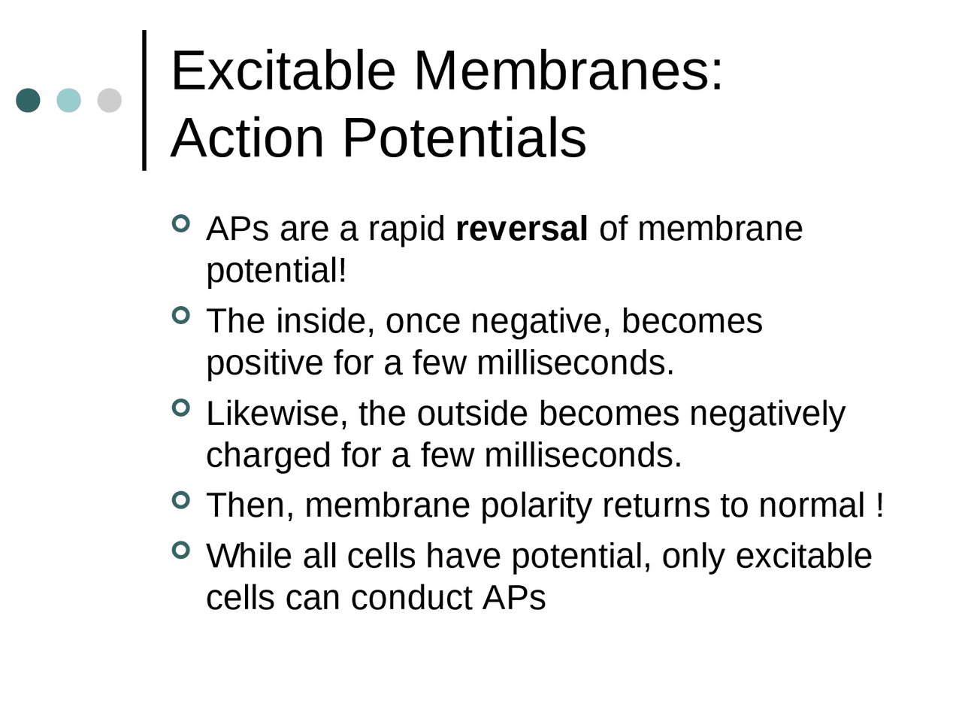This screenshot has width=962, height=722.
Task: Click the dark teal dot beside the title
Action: [28, 100]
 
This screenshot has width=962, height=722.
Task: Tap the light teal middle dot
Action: [69, 100]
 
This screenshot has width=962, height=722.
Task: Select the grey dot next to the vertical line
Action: [110, 100]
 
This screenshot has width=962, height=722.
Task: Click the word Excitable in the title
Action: [283, 71]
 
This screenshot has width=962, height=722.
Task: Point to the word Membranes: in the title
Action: [567, 71]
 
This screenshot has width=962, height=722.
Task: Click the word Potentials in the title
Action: [464, 138]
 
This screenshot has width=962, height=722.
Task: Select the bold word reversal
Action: [522, 229]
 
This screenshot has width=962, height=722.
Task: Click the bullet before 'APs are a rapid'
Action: [181, 223]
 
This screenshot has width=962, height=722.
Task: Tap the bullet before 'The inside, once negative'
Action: [181, 315]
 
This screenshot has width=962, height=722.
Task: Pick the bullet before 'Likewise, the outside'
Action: [181, 408]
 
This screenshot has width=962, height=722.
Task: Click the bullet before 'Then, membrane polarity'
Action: [181, 499]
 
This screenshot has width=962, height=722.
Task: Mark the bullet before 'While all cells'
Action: [181, 551]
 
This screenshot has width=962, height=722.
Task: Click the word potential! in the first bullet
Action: [277, 272]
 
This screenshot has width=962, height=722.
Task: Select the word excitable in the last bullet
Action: [803, 557]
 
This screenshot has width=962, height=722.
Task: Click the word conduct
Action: [412, 599]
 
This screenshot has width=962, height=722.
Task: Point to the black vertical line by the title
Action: [144, 100]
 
